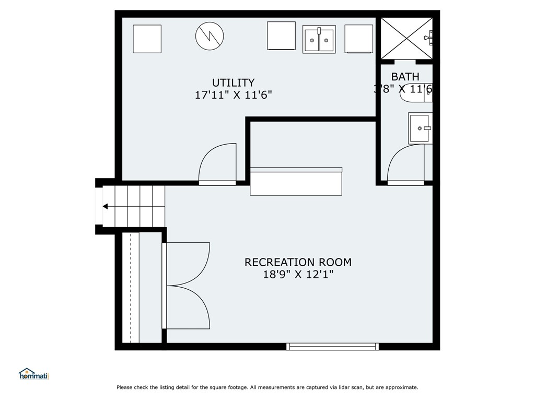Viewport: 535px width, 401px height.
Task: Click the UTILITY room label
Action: (233, 82)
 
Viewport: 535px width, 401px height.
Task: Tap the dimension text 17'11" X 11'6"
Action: (233, 95)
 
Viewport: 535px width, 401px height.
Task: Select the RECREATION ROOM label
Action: (298, 262)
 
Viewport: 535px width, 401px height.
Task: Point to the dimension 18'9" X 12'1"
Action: (298, 275)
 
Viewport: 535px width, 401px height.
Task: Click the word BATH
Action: (405, 77)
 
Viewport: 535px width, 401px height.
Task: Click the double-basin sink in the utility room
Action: (319, 40)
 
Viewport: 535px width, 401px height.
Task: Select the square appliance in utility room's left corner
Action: (147, 39)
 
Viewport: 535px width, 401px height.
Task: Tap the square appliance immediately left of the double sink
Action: (281, 36)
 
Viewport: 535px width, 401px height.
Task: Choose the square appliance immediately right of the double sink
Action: (358, 39)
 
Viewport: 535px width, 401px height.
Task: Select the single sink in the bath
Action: (420, 128)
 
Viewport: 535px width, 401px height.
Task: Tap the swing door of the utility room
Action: (218, 164)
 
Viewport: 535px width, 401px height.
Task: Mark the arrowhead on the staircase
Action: (105, 206)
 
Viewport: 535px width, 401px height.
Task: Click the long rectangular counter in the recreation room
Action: (296, 181)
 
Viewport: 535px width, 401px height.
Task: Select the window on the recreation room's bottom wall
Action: (333, 346)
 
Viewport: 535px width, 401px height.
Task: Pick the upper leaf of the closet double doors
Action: (187, 264)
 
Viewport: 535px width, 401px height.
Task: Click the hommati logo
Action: (33, 374)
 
